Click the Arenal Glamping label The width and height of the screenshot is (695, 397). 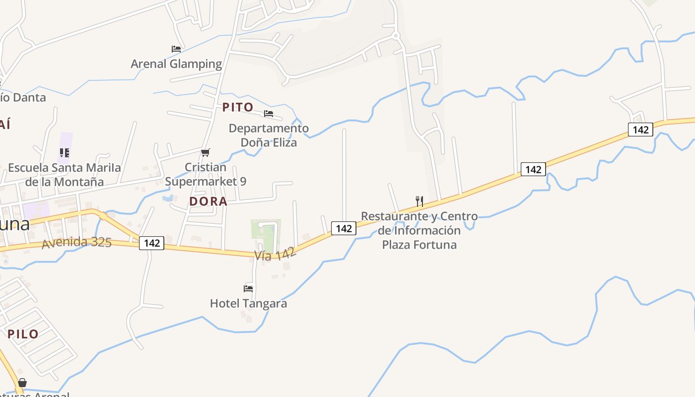pyautogui.click(x=176, y=64)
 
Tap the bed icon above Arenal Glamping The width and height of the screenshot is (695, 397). pyautogui.click(x=176, y=49)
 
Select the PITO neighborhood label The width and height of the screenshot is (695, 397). pyautogui.click(x=238, y=107)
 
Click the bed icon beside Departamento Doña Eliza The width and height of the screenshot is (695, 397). pyautogui.click(x=269, y=114)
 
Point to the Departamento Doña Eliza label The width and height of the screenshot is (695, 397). pyautogui.click(x=269, y=135)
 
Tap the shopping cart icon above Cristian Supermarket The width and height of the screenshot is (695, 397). pyautogui.click(x=206, y=152)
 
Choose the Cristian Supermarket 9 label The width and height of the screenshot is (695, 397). pyautogui.click(x=206, y=175)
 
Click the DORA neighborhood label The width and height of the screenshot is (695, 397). pyautogui.click(x=208, y=201)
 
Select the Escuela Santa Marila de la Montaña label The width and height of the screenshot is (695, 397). pyautogui.click(x=65, y=175)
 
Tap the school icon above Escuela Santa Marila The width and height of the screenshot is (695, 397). pyautogui.click(x=65, y=153)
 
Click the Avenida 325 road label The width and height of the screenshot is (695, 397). pyautogui.click(x=76, y=243)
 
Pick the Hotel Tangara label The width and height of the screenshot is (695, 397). pyautogui.click(x=248, y=303)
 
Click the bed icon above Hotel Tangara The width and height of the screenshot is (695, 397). pyautogui.click(x=248, y=288)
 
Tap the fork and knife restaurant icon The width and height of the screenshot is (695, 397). pyautogui.click(x=419, y=201)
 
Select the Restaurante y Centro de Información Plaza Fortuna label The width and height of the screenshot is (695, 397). pyautogui.click(x=419, y=230)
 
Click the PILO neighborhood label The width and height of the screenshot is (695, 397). pyautogui.click(x=23, y=334)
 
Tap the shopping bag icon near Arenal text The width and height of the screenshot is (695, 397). pyautogui.click(x=22, y=383)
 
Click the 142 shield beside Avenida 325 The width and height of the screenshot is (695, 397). pyautogui.click(x=151, y=243)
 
